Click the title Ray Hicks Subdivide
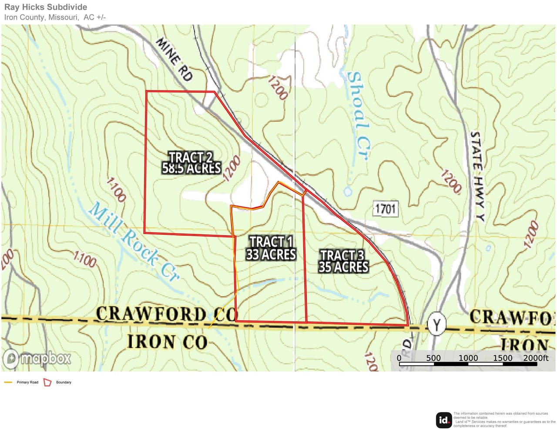pyautogui.click(x=46, y=7)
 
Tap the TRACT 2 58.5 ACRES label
pyautogui.click(x=191, y=163)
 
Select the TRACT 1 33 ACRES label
pyautogui.click(x=271, y=248)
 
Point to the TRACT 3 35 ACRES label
pyautogui.click(x=343, y=261)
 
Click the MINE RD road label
pyautogui.click(x=174, y=59)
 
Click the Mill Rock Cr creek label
pyautogui.click(x=133, y=241)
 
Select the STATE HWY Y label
pyautogui.click(x=477, y=176)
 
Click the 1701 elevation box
pyautogui.click(x=385, y=209)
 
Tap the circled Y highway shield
pyautogui.click(x=436, y=324)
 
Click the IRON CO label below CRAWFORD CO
pyautogui.click(x=167, y=342)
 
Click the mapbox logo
pyautogui.click(x=37, y=359)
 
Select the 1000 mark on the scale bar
pyautogui.click(x=468, y=358)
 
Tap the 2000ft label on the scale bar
pyautogui.click(x=536, y=358)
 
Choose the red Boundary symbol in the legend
pyautogui.click(x=47, y=382)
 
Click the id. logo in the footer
pyautogui.click(x=443, y=420)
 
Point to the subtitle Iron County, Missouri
pyautogui.click(x=42, y=17)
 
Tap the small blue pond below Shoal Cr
pyautogui.click(x=348, y=191)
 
